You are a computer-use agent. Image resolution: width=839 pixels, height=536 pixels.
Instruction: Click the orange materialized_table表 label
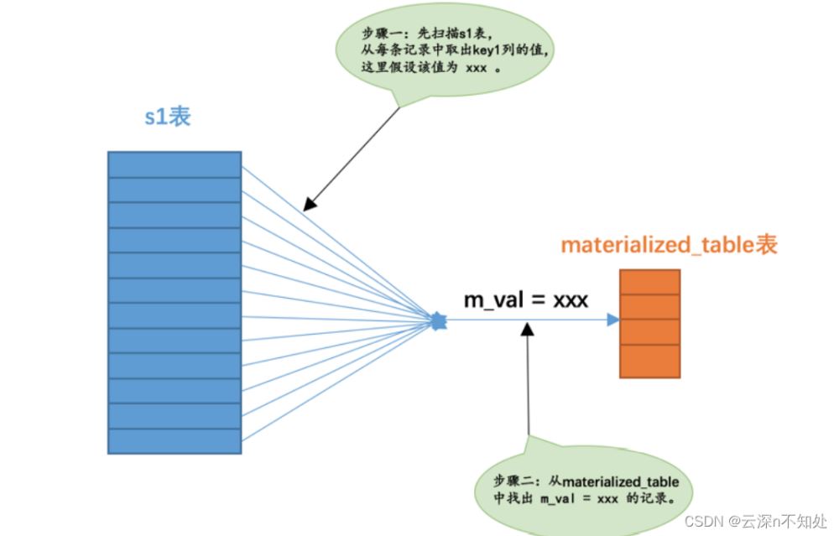669,245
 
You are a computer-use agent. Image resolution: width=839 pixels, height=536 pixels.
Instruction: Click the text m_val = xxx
526,299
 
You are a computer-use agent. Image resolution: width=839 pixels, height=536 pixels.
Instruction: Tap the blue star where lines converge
437,320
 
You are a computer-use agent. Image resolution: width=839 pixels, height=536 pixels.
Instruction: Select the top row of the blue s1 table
175,164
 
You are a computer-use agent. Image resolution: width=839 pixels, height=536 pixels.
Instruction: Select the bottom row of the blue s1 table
175,441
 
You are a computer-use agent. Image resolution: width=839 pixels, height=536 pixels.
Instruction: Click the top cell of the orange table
649,282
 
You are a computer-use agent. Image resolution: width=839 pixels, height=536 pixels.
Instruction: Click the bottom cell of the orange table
649,361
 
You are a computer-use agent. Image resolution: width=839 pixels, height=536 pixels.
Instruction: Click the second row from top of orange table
649,307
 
